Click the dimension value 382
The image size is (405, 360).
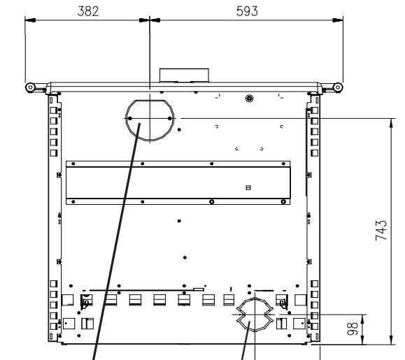point(88,12)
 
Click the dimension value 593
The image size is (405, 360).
point(247,12)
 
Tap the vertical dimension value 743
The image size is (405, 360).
point(381,231)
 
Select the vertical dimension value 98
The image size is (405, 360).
point(353,329)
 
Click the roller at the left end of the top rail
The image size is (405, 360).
point(30,87)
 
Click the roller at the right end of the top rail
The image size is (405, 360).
point(338,87)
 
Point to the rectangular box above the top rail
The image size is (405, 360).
point(184,75)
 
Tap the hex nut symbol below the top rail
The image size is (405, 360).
point(249,98)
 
